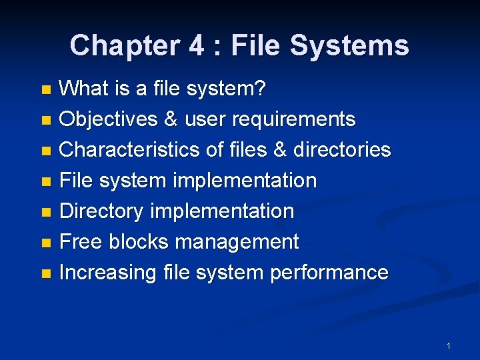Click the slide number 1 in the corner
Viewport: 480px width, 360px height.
pos(449,346)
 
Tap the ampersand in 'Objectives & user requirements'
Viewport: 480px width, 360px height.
pos(170,119)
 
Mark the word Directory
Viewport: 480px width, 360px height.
pos(101,211)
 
